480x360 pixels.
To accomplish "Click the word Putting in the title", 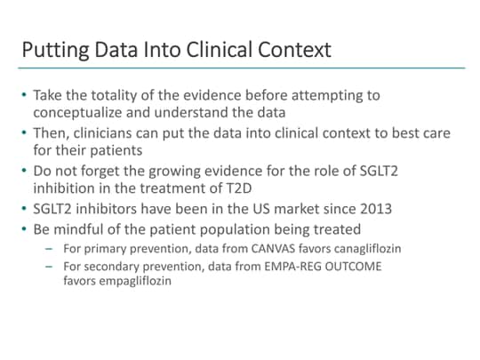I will (x=53, y=49).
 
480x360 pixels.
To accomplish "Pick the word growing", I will (x=188, y=171).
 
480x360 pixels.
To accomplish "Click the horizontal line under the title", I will (x=240, y=68).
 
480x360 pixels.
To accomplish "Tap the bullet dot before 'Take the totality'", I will (x=25, y=95).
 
